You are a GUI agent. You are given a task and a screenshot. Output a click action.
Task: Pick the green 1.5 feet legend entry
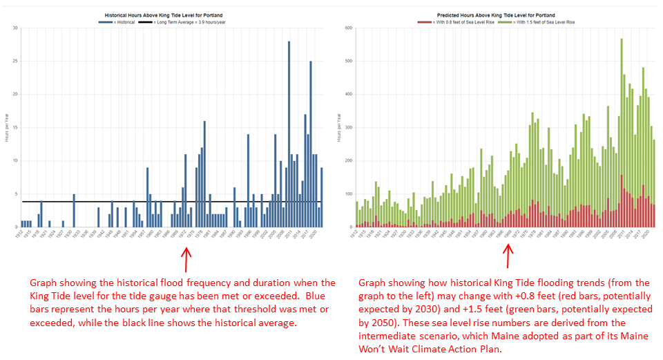(541, 22)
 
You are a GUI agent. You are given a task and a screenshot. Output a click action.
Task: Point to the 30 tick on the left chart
(15, 28)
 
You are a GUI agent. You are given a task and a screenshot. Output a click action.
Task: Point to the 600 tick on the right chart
(349, 28)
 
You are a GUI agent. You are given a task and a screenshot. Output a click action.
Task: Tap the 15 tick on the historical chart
(15, 128)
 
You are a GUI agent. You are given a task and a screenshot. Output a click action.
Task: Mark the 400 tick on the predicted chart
(349, 95)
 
